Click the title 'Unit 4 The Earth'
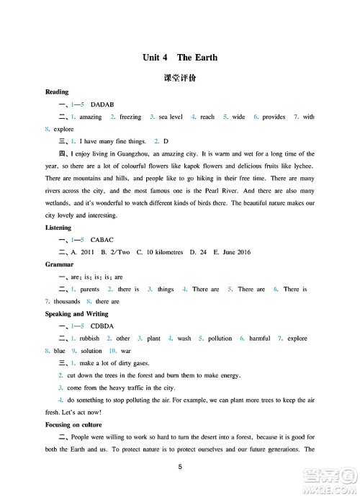180,57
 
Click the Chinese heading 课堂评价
180,78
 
